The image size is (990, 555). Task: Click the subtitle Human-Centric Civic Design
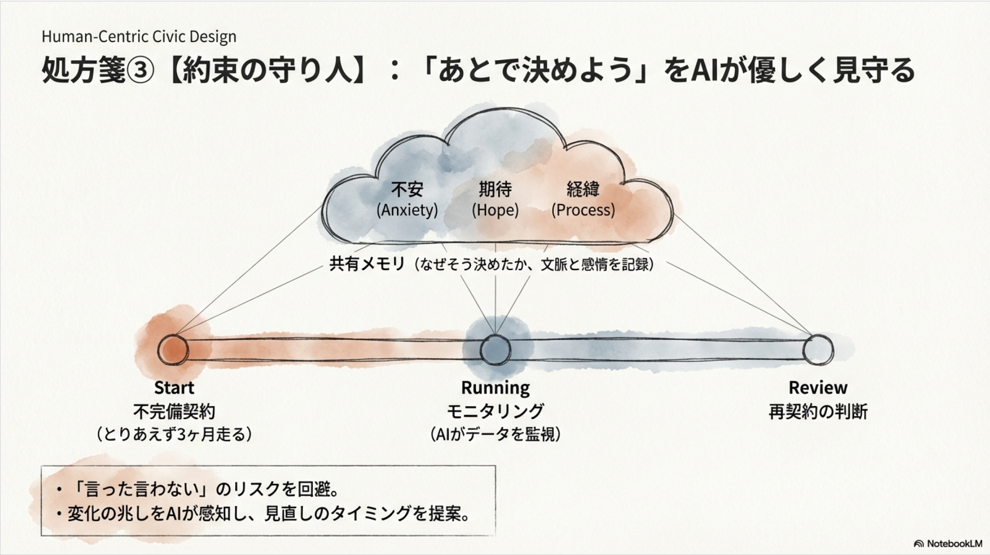[139, 37]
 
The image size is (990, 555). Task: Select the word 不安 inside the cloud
[407, 189]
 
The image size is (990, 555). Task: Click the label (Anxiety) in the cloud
[407, 210]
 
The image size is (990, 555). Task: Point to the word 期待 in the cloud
[495, 189]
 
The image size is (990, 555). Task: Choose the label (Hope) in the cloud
[495, 210]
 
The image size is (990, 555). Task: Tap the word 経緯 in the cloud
[583, 189]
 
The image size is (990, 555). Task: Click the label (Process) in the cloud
[583, 210]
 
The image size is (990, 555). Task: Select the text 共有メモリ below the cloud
[367, 264]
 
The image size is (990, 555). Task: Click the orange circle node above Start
[173, 350]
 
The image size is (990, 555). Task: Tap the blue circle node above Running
[495, 350]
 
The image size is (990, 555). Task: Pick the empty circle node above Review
[818, 350]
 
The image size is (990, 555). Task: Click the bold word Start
[174, 388]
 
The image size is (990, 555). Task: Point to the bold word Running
[495, 388]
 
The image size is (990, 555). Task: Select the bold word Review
[818, 388]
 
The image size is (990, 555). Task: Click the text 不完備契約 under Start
[174, 411]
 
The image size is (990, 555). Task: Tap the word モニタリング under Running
[495, 411]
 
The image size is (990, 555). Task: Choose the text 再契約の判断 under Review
[818, 411]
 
